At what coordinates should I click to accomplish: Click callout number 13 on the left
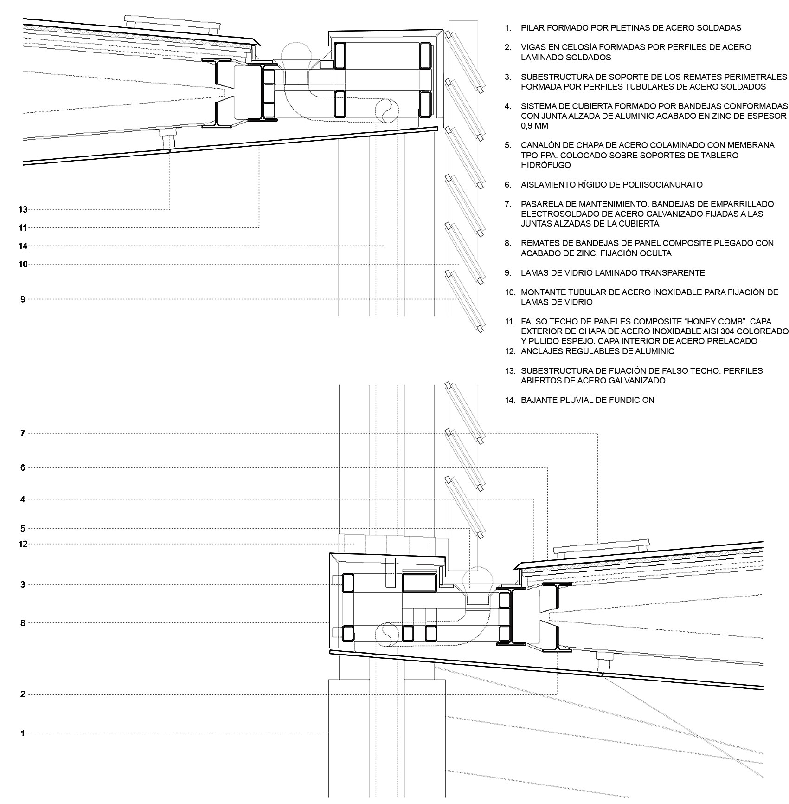23,209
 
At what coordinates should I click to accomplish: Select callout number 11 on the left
23,227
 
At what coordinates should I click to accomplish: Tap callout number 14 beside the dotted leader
23,246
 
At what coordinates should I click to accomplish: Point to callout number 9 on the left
23,299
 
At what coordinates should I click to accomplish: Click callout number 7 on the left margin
23,433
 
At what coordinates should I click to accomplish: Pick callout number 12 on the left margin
23,544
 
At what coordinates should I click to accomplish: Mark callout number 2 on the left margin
23,694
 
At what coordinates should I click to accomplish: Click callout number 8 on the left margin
23,623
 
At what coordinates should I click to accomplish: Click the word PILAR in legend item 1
532,28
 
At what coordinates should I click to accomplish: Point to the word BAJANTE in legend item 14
537,400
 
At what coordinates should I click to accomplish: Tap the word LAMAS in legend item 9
533,272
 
